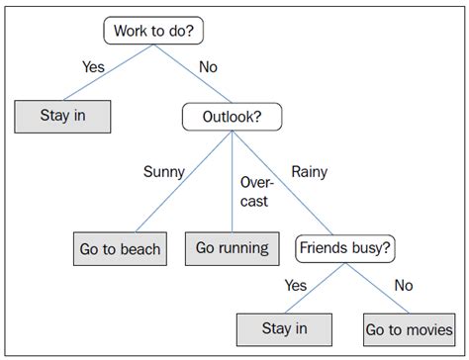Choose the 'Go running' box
pos(232,248)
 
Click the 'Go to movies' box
pos(410,330)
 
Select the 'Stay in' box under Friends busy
pos(284,330)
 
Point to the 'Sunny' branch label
pos(163,172)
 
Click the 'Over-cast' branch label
pos(255,191)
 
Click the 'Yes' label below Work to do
pos(94,67)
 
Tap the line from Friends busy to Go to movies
pos(381,287)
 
